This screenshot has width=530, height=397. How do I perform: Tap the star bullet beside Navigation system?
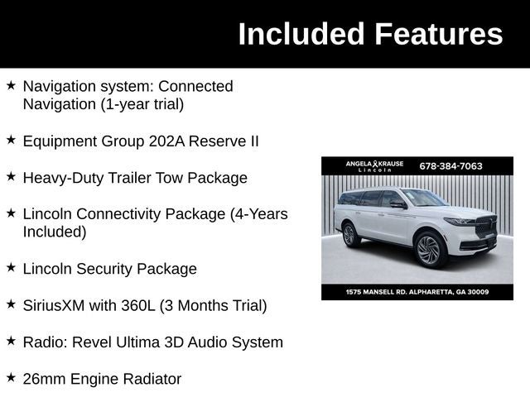coord(11,85)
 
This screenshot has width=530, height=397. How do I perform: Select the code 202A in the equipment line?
coord(166,141)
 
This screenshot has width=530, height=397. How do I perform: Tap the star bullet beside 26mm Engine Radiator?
coord(11,378)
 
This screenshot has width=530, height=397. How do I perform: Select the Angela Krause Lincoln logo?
coord(374,165)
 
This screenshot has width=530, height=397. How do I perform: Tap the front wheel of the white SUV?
coord(429,249)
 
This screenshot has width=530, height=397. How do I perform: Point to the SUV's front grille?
coord(485,226)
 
